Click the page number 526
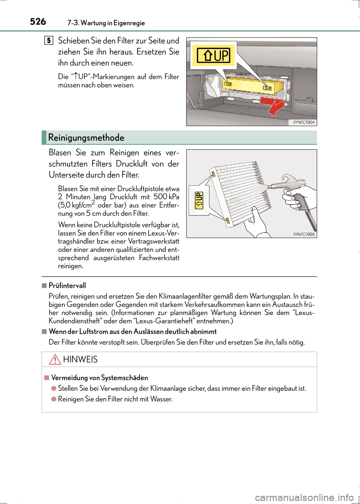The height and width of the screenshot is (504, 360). coord(38,22)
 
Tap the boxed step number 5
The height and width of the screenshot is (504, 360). coord(49,40)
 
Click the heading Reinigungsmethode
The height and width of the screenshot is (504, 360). coord(86,138)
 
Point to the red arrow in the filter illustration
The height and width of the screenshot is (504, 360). coord(273,105)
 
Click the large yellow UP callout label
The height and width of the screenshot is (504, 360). coord(213,55)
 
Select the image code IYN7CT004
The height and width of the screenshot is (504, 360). coord(304,122)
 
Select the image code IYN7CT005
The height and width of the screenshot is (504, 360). coord(304,234)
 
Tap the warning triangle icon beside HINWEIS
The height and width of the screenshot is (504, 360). coord(55,359)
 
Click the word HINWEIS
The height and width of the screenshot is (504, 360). coord(80,360)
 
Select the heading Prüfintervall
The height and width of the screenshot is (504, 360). coord(67,286)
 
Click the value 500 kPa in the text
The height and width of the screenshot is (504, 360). coord(166,197)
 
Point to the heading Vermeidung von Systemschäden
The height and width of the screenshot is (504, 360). coord(99,378)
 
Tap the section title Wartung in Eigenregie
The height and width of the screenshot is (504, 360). coord(112,23)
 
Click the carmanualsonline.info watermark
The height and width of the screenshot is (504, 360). coord(304,498)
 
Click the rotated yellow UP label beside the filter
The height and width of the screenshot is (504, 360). coord(199,200)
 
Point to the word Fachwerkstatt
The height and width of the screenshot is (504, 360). coord(159,258)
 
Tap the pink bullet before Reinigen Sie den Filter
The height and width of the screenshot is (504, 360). coord(54,399)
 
